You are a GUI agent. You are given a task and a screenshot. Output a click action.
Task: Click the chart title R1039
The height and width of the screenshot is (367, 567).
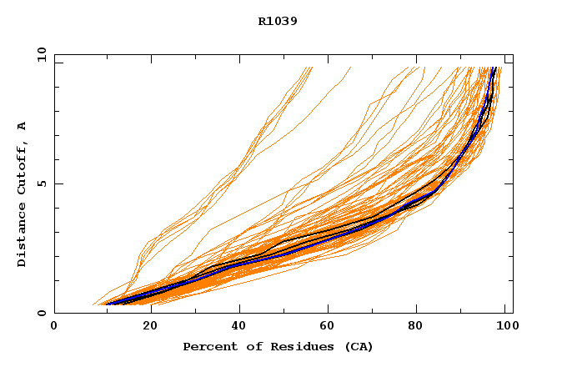278,21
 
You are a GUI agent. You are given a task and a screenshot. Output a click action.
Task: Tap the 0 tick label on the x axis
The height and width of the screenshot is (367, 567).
54,327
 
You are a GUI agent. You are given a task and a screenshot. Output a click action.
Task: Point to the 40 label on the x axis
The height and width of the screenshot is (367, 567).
239,327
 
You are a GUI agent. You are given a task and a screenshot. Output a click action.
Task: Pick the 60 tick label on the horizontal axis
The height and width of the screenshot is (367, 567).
330,327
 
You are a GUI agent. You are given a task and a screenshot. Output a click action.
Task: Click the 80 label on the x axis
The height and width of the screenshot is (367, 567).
421,327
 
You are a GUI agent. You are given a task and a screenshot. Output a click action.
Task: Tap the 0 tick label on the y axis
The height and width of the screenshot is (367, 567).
41,313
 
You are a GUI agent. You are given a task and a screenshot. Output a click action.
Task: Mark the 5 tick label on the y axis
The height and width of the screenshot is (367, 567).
41,183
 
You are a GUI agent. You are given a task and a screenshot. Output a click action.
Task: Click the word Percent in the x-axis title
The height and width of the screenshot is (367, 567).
207,346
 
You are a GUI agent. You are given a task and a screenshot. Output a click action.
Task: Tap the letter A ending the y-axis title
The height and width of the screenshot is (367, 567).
22,125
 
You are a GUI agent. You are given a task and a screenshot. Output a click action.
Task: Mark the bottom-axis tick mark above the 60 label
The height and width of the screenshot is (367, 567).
330,310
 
